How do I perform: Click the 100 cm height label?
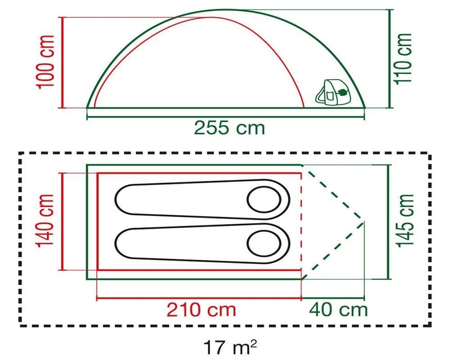pos(45,62)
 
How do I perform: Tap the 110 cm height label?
pos(403,59)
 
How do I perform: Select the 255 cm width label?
pos(229,128)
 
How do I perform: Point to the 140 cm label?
pos(45,220)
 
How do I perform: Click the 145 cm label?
pos(405,220)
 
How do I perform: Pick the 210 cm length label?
pos(202,310)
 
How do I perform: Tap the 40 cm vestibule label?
pos(338,310)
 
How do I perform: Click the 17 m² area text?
pos(230,347)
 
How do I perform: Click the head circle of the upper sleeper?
pos(264,200)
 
